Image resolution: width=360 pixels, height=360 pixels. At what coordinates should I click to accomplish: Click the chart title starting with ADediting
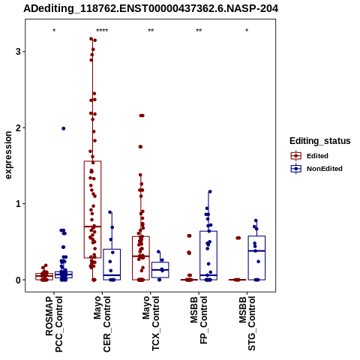click(x=151, y=9)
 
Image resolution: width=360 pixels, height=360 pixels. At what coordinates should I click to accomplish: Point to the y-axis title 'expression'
click(x=8, y=155)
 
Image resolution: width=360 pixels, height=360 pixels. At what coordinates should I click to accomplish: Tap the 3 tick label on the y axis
click(x=18, y=52)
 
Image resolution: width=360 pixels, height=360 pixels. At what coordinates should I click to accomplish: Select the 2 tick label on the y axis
click(x=18, y=128)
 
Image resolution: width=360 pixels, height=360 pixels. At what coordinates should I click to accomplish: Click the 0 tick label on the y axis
click(x=18, y=280)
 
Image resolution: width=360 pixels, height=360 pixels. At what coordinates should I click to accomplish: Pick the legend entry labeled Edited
click(x=317, y=156)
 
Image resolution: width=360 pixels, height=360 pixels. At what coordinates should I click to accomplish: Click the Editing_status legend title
click(x=320, y=141)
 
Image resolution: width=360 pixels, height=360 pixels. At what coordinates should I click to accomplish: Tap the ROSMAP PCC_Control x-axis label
click(x=54, y=324)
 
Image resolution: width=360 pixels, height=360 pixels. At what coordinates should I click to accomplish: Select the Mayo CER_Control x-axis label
click(x=102, y=324)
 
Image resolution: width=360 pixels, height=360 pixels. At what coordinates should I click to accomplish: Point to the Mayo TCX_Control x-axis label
click(x=151, y=323)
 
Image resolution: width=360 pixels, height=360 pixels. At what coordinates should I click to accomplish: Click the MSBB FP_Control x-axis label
click(x=199, y=320)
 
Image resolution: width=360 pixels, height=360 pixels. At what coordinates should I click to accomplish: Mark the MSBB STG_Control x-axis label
click(x=247, y=323)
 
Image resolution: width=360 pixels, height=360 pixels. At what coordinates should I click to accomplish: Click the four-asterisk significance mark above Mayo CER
click(x=102, y=31)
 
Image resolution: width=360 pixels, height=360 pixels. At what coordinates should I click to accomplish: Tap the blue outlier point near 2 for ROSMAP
click(x=64, y=128)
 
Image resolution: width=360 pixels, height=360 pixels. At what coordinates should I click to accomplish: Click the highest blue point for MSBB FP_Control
click(x=210, y=192)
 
